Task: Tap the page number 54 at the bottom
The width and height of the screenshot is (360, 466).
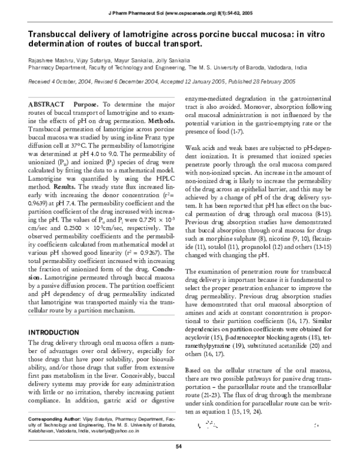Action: pos(178,445)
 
